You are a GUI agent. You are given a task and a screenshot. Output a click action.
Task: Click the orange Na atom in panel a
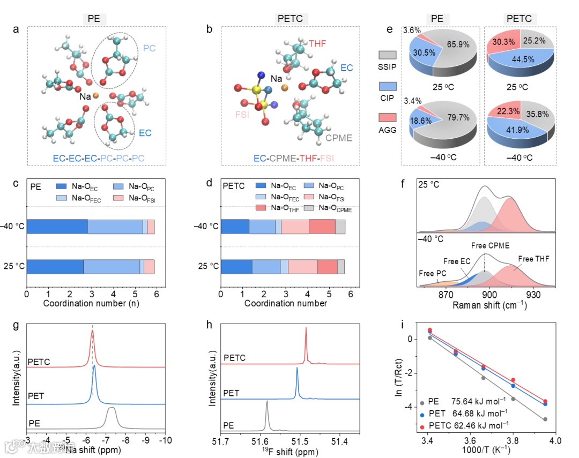[95, 95]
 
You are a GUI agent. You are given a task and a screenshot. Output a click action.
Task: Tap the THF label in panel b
[317, 43]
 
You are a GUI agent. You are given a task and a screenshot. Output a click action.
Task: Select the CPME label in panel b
[339, 138]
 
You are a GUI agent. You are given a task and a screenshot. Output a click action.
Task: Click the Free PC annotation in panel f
[433, 274]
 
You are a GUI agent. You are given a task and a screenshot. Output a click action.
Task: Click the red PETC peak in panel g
[92, 333]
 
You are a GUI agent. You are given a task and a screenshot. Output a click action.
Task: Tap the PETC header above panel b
[290, 19]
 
